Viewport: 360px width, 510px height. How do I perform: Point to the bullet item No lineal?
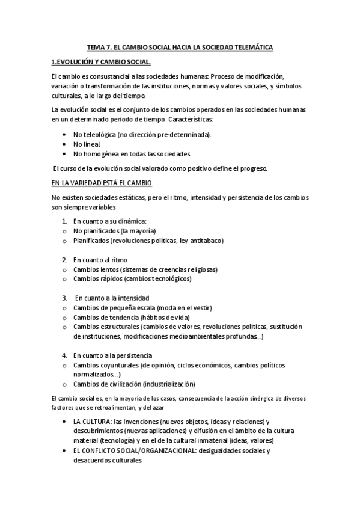click(87, 144)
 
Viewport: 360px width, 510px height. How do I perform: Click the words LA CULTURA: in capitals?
click(91, 422)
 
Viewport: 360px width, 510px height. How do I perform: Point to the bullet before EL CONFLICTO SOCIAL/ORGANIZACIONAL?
click(64, 450)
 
